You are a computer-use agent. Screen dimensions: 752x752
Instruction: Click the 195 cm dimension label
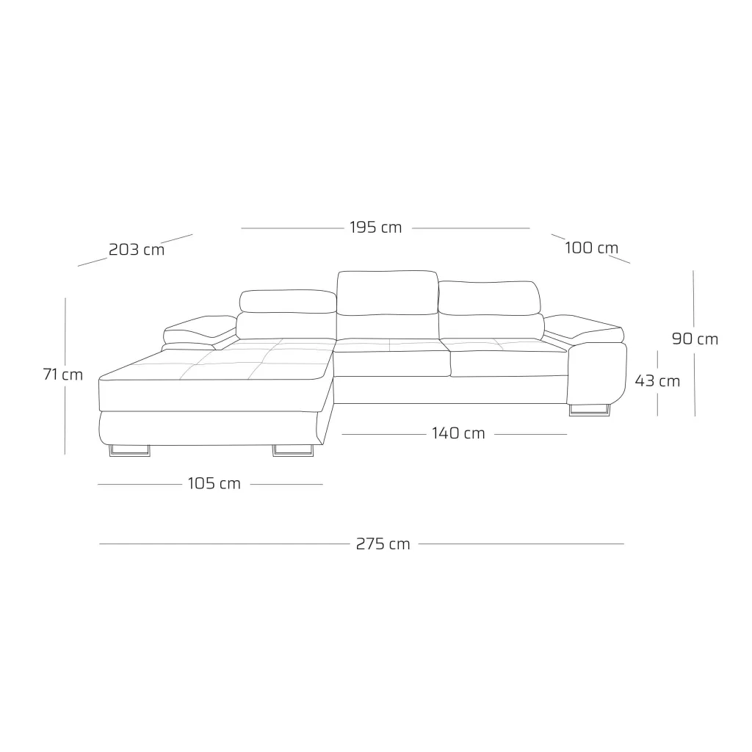pos(375,228)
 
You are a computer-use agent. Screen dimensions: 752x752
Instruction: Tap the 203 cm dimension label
pos(137,250)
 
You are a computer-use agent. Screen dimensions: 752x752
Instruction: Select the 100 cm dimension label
pos(591,248)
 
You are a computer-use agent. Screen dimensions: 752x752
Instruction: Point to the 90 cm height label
pos(695,339)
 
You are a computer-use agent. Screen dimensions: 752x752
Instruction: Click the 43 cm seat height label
pos(657,381)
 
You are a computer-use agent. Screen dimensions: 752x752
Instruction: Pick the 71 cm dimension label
pos(63,374)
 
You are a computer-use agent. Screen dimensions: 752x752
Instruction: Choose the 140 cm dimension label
pos(458,433)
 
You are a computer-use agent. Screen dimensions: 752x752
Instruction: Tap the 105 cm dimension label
pos(214,483)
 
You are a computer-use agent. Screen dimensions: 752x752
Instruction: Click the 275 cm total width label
pos(383,544)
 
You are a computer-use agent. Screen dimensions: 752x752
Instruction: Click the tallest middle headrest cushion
pos(388,293)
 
